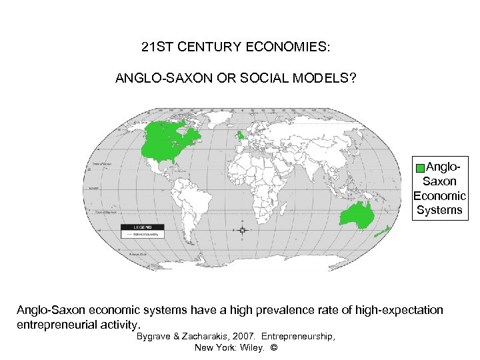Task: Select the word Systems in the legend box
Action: pos(439,210)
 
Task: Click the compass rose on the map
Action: pos(242,229)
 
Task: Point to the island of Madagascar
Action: pos(283,207)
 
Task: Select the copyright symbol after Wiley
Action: pos(273,348)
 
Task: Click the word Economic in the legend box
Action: pos(439,195)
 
